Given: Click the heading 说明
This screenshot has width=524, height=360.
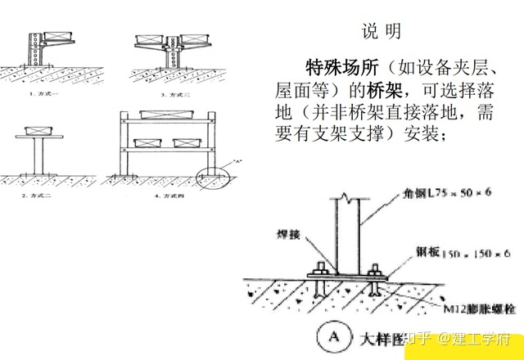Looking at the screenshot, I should (382, 32).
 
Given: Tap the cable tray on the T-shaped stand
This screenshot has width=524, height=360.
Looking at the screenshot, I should (38, 130).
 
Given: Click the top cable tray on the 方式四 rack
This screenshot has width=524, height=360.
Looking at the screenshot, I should (167, 115).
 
